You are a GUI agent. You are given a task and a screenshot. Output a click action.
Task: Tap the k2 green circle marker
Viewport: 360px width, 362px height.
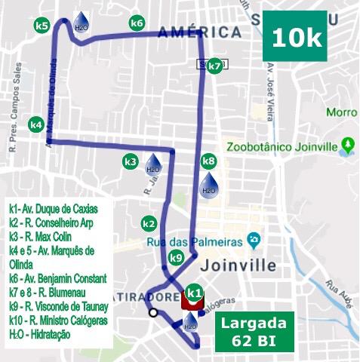pos(149,224)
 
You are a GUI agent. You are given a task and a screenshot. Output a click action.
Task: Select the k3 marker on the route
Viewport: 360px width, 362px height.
pos(131,161)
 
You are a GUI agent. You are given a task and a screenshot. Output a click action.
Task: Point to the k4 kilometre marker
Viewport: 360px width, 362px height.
pos(35,124)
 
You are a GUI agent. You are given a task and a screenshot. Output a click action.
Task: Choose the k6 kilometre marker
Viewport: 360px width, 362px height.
pos(137,23)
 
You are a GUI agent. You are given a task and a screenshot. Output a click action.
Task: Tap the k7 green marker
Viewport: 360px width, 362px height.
pos(215,66)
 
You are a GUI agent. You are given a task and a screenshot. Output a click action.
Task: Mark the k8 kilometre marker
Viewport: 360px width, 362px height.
pos(209,161)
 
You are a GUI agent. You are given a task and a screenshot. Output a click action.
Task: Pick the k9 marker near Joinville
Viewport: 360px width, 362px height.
pos(176,258)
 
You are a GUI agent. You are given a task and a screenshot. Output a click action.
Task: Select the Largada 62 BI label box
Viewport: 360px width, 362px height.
pos(254,330)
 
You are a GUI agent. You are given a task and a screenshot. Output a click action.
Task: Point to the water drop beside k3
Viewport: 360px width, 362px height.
pos(152,165)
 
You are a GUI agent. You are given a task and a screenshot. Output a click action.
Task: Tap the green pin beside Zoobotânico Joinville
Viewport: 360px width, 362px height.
pos(347,145)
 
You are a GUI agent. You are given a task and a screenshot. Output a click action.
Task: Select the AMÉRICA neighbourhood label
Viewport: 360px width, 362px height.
pos(200,32)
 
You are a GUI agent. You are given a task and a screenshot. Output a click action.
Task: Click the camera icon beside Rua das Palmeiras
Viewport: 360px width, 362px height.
pos(254,241)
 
